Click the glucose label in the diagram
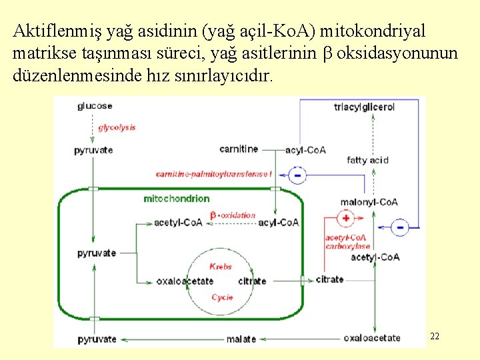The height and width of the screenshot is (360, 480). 95,105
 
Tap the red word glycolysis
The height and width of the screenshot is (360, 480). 117,127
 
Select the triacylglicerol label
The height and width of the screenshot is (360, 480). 364,107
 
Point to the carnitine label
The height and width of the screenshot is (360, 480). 239,149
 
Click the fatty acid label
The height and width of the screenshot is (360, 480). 367,160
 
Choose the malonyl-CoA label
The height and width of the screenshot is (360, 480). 369,202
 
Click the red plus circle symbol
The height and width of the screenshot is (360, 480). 346,218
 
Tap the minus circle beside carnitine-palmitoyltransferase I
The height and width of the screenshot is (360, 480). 297,175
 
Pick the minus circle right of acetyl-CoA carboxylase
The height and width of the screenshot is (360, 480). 400,227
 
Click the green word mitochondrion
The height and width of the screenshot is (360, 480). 176,199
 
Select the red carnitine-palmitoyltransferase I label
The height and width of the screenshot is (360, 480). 214,174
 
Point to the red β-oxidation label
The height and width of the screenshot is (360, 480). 233,215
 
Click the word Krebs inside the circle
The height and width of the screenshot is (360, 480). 221,266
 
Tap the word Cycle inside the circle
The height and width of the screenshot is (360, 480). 222,297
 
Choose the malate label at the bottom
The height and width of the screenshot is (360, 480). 241,339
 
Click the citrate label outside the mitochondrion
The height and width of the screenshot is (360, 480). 329,279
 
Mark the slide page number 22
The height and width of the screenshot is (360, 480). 435,336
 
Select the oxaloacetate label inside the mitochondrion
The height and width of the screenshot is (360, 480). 185,281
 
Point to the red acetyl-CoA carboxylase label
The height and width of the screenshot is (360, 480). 347,242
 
